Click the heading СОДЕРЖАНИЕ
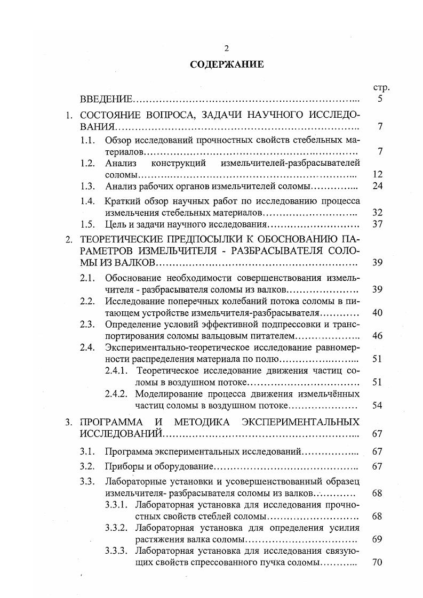tap(227, 64)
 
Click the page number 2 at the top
tap(227, 49)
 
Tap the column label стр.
tap(382, 87)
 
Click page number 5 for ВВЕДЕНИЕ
tap(380, 99)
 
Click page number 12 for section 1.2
tap(378, 174)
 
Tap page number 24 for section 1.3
tap(378, 187)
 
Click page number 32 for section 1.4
tap(378, 212)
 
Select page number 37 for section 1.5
tap(378, 224)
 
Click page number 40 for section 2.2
tap(378, 313)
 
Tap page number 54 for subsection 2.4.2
tap(378, 406)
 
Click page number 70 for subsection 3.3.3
tap(378, 563)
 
